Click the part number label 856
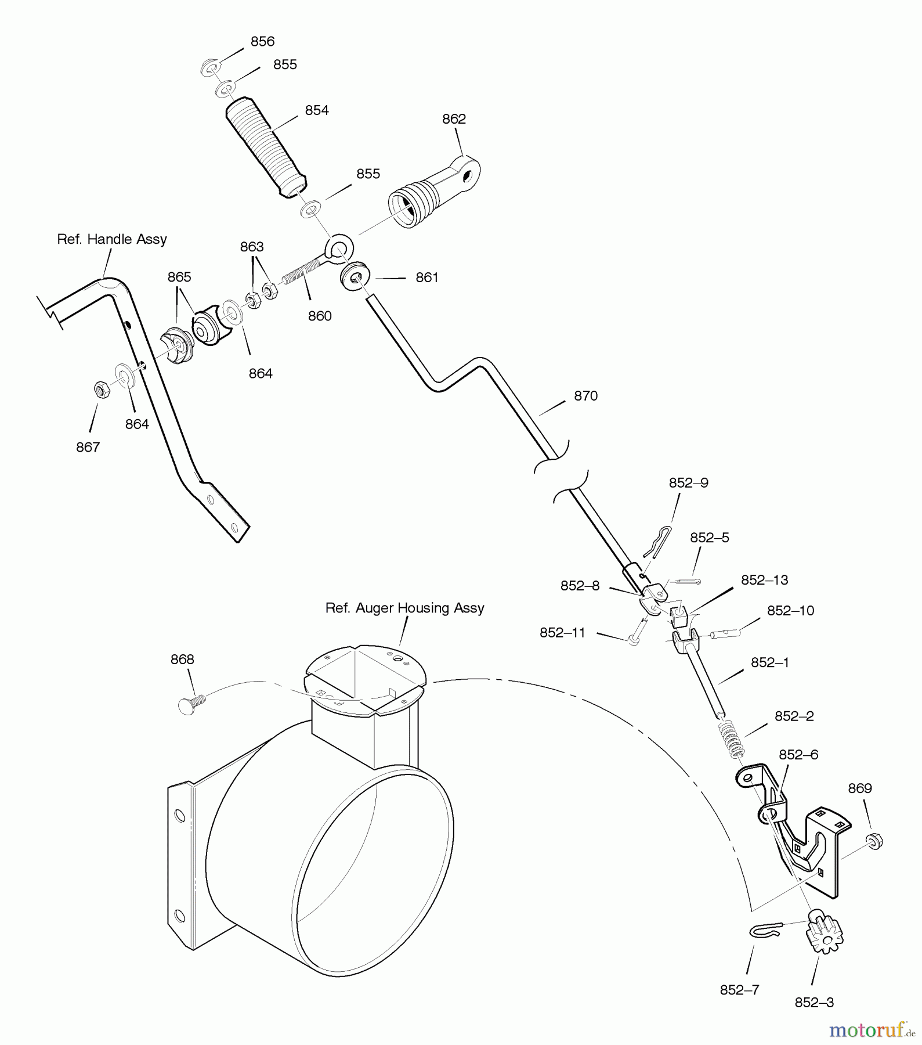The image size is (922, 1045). tap(262, 41)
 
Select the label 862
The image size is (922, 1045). tap(454, 119)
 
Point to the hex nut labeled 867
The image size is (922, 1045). tap(100, 389)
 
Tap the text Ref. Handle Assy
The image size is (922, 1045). tap(112, 239)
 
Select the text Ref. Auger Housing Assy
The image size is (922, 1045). tap(404, 608)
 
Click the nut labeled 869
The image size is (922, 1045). tap(873, 841)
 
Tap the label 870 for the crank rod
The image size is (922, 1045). tap(585, 396)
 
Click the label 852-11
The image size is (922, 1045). tap(562, 633)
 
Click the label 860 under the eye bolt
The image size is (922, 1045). tap(320, 316)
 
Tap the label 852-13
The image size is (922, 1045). tap(764, 580)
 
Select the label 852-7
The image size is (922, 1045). tap(739, 990)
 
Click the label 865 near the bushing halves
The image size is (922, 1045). tap(179, 277)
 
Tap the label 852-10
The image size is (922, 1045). tap(790, 611)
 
